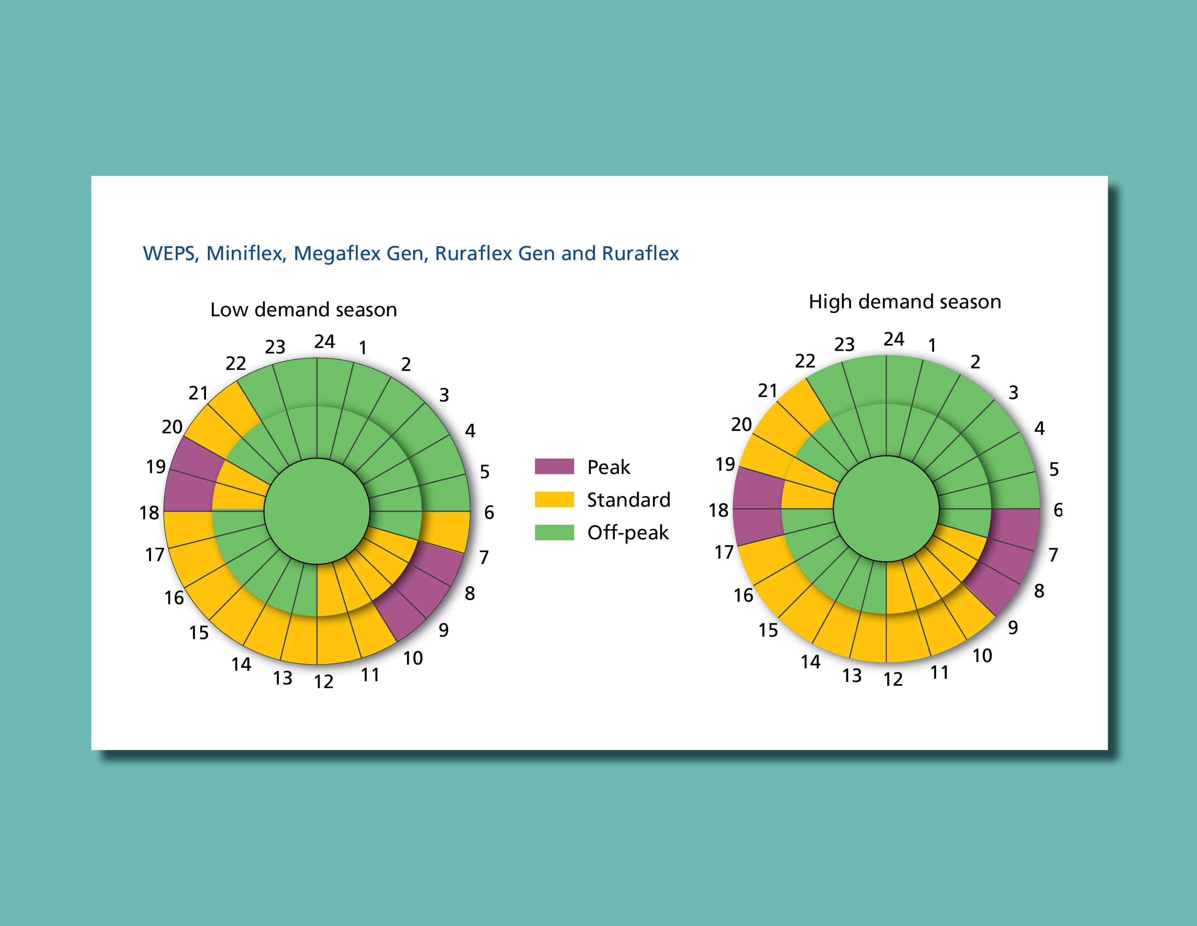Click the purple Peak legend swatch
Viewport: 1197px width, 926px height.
click(554, 466)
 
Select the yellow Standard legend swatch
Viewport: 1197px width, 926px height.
click(554, 499)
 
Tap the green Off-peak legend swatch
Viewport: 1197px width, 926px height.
click(554, 532)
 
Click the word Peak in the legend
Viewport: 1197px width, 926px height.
click(608, 467)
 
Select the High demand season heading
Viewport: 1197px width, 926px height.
click(905, 302)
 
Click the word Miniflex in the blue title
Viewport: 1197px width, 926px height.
click(246, 253)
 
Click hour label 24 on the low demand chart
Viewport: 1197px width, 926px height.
click(325, 342)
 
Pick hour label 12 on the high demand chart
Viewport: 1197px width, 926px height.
click(893, 679)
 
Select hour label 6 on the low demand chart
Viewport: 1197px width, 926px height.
click(489, 512)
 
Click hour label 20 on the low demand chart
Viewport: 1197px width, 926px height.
click(172, 427)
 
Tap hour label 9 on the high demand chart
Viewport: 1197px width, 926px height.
click(1013, 628)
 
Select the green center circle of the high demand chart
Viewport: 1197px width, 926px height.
click(886, 508)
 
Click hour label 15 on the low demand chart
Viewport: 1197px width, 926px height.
click(199, 633)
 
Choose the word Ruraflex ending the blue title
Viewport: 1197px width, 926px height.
click(640, 253)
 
